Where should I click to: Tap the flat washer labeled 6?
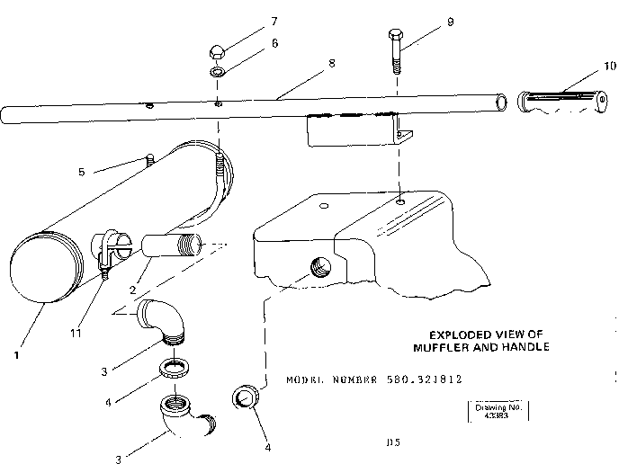coord(219,71)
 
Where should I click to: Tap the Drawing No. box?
coord(498,411)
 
